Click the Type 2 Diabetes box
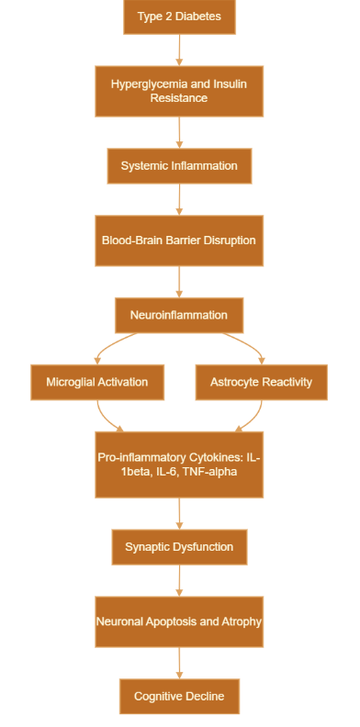(x=179, y=17)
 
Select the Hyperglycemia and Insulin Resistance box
(x=179, y=91)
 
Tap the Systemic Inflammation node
(x=179, y=166)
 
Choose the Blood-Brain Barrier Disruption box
(x=179, y=240)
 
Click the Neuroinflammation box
(x=179, y=315)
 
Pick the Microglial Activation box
(x=96, y=381)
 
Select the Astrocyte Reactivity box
(x=262, y=381)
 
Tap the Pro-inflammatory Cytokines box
(x=179, y=464)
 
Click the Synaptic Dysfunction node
(x=179, y=547)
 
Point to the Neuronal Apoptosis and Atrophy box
(x=179, y=621)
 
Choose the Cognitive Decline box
(x=179, y=696)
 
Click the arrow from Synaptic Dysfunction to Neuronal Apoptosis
(x=179, y=580)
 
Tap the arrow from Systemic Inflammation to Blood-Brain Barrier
(x=179, y=199)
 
